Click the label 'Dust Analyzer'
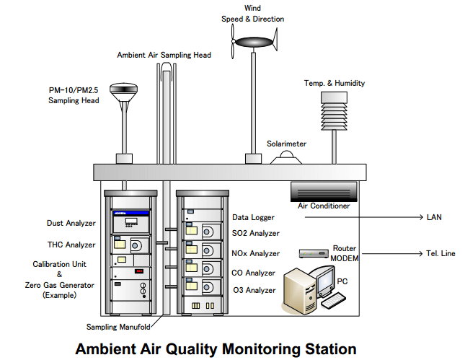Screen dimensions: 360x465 (71, 224)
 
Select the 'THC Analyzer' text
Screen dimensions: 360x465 (71, 245)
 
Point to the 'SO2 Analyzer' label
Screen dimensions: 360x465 (256, 234)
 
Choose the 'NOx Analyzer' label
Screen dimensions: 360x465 (256, 253)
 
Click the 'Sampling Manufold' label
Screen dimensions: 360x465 (118, 327)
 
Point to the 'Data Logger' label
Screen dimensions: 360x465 (253, 216)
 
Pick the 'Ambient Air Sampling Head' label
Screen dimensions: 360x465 (164, 55)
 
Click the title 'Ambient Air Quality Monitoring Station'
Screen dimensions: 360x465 (216, 349)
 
